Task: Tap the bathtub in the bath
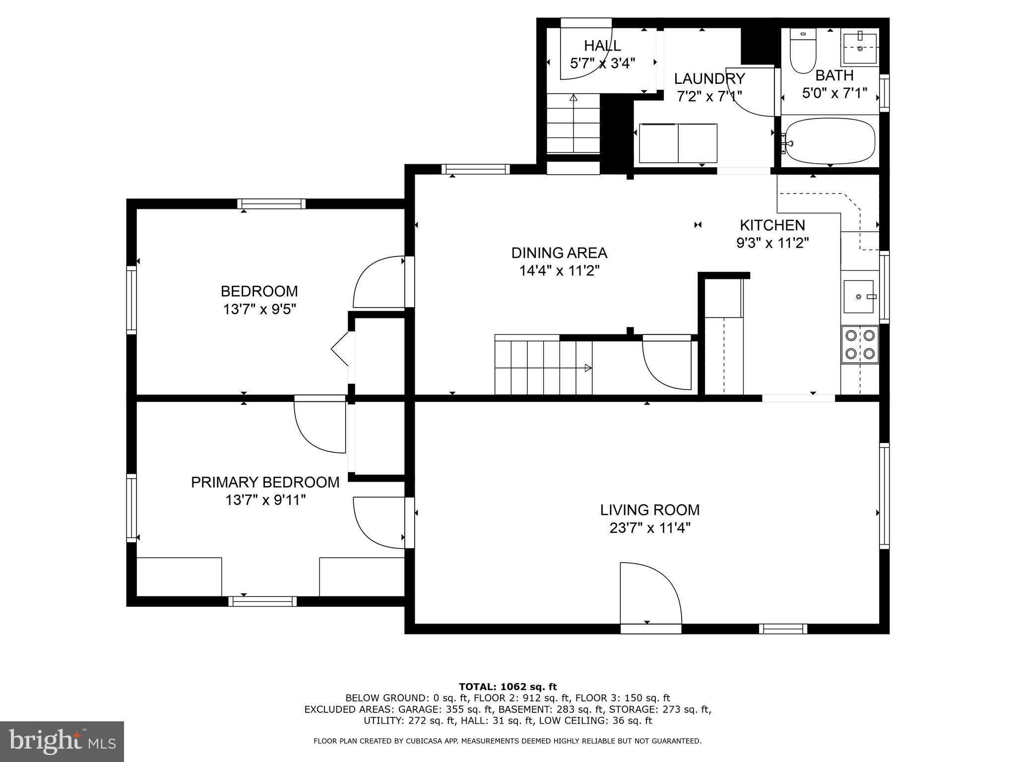pos(829,141)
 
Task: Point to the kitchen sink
pos(859,297)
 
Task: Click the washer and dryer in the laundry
pos(678,143)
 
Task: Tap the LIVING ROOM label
pos(650,509)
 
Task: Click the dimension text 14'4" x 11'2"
pos(559,271)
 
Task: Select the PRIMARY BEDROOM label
pos(265,482)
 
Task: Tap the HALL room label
pos(602,46)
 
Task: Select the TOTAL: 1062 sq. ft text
pos(508,687)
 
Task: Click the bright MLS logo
pos(62,741)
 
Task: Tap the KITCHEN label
pos(772,225)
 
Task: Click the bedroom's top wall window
pos(271,203)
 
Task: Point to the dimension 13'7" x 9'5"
pos(259,310)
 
